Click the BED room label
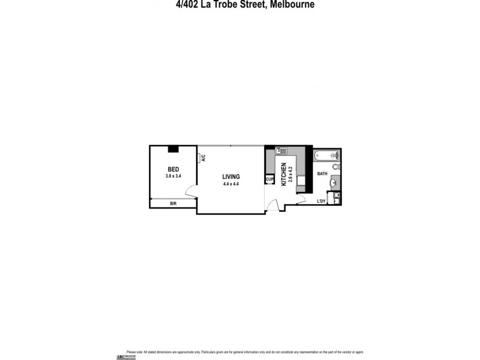tap(173, 169)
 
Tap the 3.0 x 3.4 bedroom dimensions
tap(173, 176)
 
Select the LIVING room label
tap(231, 176)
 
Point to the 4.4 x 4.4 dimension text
tap(231, 184)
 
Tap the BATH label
tap(322, 174)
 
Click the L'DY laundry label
tap(321, 201)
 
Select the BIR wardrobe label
tap(173, 204)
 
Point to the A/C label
tap(203, 158)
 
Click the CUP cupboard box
tap(269, 179)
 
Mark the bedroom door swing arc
tap(191, 192)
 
